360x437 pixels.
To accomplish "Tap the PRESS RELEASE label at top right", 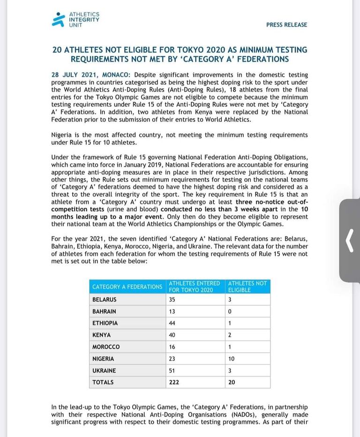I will (286, 25).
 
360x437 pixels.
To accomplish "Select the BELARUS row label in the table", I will (105, 300).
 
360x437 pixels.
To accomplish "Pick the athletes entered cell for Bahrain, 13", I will (172, 311).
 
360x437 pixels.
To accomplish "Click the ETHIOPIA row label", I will (105, 323).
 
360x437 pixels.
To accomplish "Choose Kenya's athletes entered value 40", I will (172, 335).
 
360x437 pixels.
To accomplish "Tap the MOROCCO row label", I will (106, 347).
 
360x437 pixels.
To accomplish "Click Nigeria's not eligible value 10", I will (232, 359).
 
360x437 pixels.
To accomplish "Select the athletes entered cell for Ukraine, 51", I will (172, 370).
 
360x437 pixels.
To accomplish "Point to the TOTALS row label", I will (103, 382).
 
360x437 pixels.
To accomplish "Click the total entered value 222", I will (174, 382).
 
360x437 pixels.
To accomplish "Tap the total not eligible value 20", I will (232, 382).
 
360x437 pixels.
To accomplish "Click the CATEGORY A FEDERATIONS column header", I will (127, 286).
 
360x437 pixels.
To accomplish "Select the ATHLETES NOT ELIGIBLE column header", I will (247, 286).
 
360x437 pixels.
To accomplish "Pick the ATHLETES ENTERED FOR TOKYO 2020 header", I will (194, 286).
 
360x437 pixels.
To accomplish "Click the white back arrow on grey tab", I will (349, 241).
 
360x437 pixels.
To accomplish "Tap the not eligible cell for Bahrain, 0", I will (230, 311).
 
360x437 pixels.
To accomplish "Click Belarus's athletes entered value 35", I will (172, 300).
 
